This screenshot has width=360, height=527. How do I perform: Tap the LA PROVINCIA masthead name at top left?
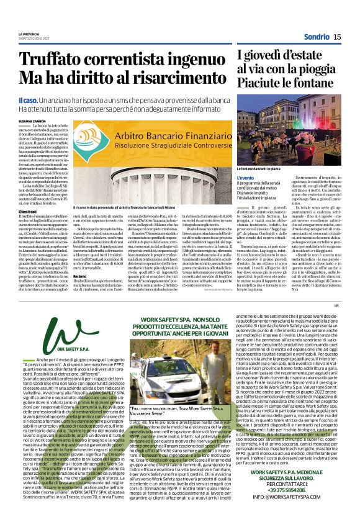29,34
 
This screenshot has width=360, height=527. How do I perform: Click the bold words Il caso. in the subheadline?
28,100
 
